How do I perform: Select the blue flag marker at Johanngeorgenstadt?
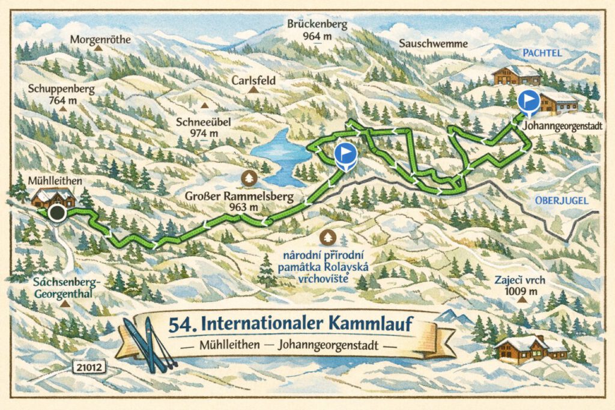tap(529, 102)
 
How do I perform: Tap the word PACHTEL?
tap(541, 54)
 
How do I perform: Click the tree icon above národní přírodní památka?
tap(328, 237)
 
